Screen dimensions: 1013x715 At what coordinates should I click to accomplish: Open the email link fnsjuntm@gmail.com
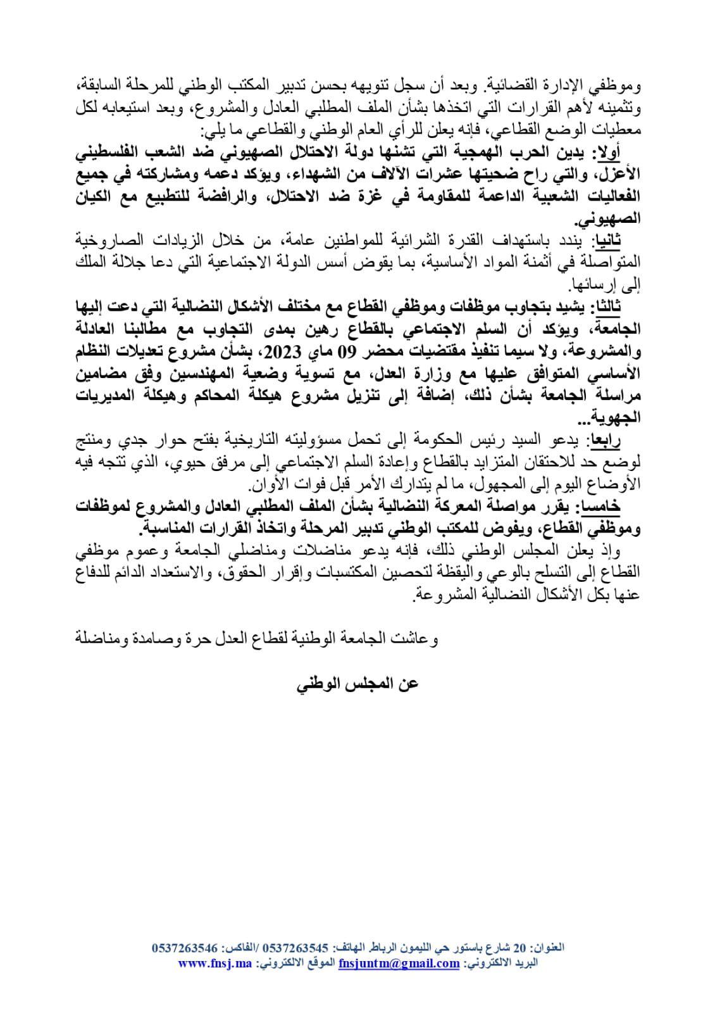399,963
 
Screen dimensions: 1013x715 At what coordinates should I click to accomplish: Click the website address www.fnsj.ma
215,963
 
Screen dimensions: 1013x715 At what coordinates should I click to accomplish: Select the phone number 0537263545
295,948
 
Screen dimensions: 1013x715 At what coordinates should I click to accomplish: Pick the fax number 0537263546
185,948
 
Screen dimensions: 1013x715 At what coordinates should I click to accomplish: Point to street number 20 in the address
519,948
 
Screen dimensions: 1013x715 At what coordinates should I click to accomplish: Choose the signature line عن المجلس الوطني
357,684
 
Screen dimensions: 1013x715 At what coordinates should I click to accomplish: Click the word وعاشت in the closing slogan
421,638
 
